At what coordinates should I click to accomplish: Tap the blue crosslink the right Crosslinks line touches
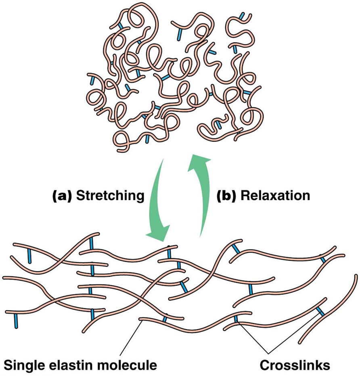point(320,311)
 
